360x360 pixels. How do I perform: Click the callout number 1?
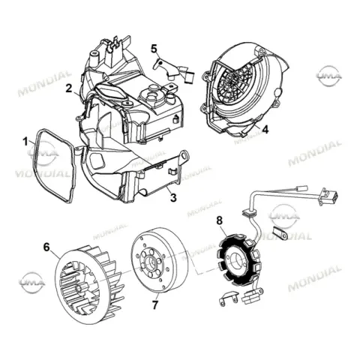pyautogui.click(x=25, y=142)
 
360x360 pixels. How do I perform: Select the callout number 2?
pyautogui.click(x=69, y=88)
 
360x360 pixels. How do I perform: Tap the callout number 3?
pyautogui.click(x=173, y=197)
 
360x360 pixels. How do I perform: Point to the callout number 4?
pyautogui.click(x=265, y=129)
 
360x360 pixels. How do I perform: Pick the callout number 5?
pyautogui.click(x=154, y=48)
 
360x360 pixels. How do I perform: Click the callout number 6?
pyautogui.click(x=46, y=247)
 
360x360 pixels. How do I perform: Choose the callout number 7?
pyautogui.click(x=155, y=304)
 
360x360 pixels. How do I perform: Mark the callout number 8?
pyautogui.click(x=219, y=220)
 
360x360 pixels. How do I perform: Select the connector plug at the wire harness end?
pyautogui.click(x=328, y=196)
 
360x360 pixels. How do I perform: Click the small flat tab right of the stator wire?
pyautogui.click(x=280, y=233)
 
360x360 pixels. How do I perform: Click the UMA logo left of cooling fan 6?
pyautogui.click(x=32, y=283)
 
